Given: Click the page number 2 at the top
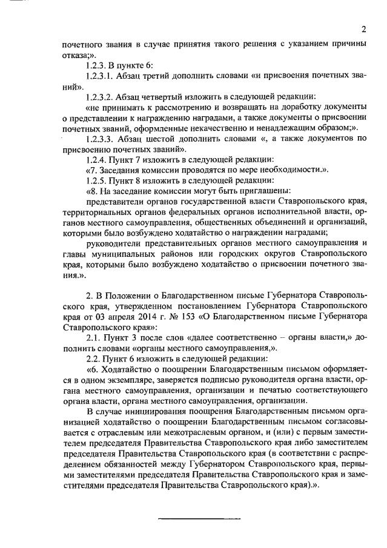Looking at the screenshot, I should pyautogui.click(x=364, y=28).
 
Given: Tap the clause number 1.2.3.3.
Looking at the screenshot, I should pyautogui.click(x=103, y=138).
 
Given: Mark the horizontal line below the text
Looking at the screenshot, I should pyautogui.click(x=199, y=518).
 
